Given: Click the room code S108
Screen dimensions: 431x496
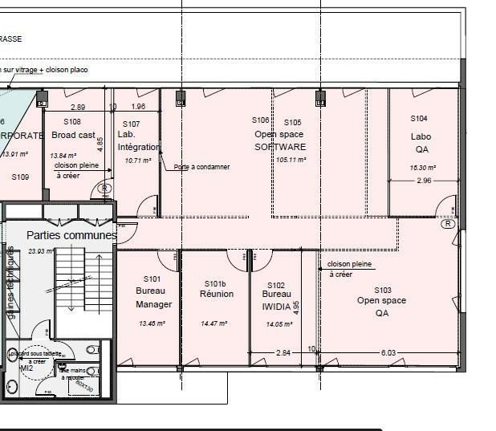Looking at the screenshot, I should pyautogui.click(x=72, y=121).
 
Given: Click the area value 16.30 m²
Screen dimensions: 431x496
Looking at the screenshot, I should pyautogui.click(x=421, y=168).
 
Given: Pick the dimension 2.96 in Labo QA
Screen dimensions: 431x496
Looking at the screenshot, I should pyautogui.click(x=424, y=181).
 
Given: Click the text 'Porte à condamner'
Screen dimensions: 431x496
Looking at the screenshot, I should pyautogui.click(x=201, y=167).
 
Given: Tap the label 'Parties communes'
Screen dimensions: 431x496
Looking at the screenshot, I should pyautogui.click(x=71, y=235).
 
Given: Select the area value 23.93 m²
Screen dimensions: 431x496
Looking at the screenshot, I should pyautogui.click(x=40, y=251).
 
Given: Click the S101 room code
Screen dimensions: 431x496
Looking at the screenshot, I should pyautogui.click(x=152, y=279).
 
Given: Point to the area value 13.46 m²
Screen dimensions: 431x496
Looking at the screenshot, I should pyautogui.click(x=152, y=323).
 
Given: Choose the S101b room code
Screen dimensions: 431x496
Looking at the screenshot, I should pyautogui.click(x=216, y=283).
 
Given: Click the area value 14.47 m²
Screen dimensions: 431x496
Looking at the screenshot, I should pyautogui.click(x=214, y=323).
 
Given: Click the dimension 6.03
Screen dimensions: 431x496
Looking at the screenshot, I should pyautogui.click(x=388, y=352).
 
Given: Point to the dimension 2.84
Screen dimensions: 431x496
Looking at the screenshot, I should pyautogui.click(x=283, y=352).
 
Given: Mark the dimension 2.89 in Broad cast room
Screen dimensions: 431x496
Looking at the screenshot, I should pyautogui.click(x=78, y=107).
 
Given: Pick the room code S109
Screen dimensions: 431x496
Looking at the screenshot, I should pyautogui.click(x=20, y=177).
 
